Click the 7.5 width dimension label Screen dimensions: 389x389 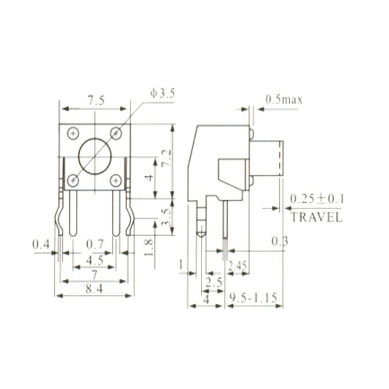(x=96, y=102)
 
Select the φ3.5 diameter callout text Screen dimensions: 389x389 (x=163, y=93)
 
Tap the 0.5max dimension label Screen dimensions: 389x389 (x=284, y=100)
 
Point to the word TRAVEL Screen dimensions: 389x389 (x=317, y=217)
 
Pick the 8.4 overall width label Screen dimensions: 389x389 (x=95, y=289)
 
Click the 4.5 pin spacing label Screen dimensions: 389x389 (x=95, y=260)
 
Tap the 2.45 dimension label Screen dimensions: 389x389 (x=237, y=266)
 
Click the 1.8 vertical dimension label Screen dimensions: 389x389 (x=149, y=247)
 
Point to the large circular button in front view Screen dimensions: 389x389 (x=95, y=156)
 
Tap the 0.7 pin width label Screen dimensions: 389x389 (x=95, y=245)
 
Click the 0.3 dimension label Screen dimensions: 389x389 (x=280, y=242)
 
